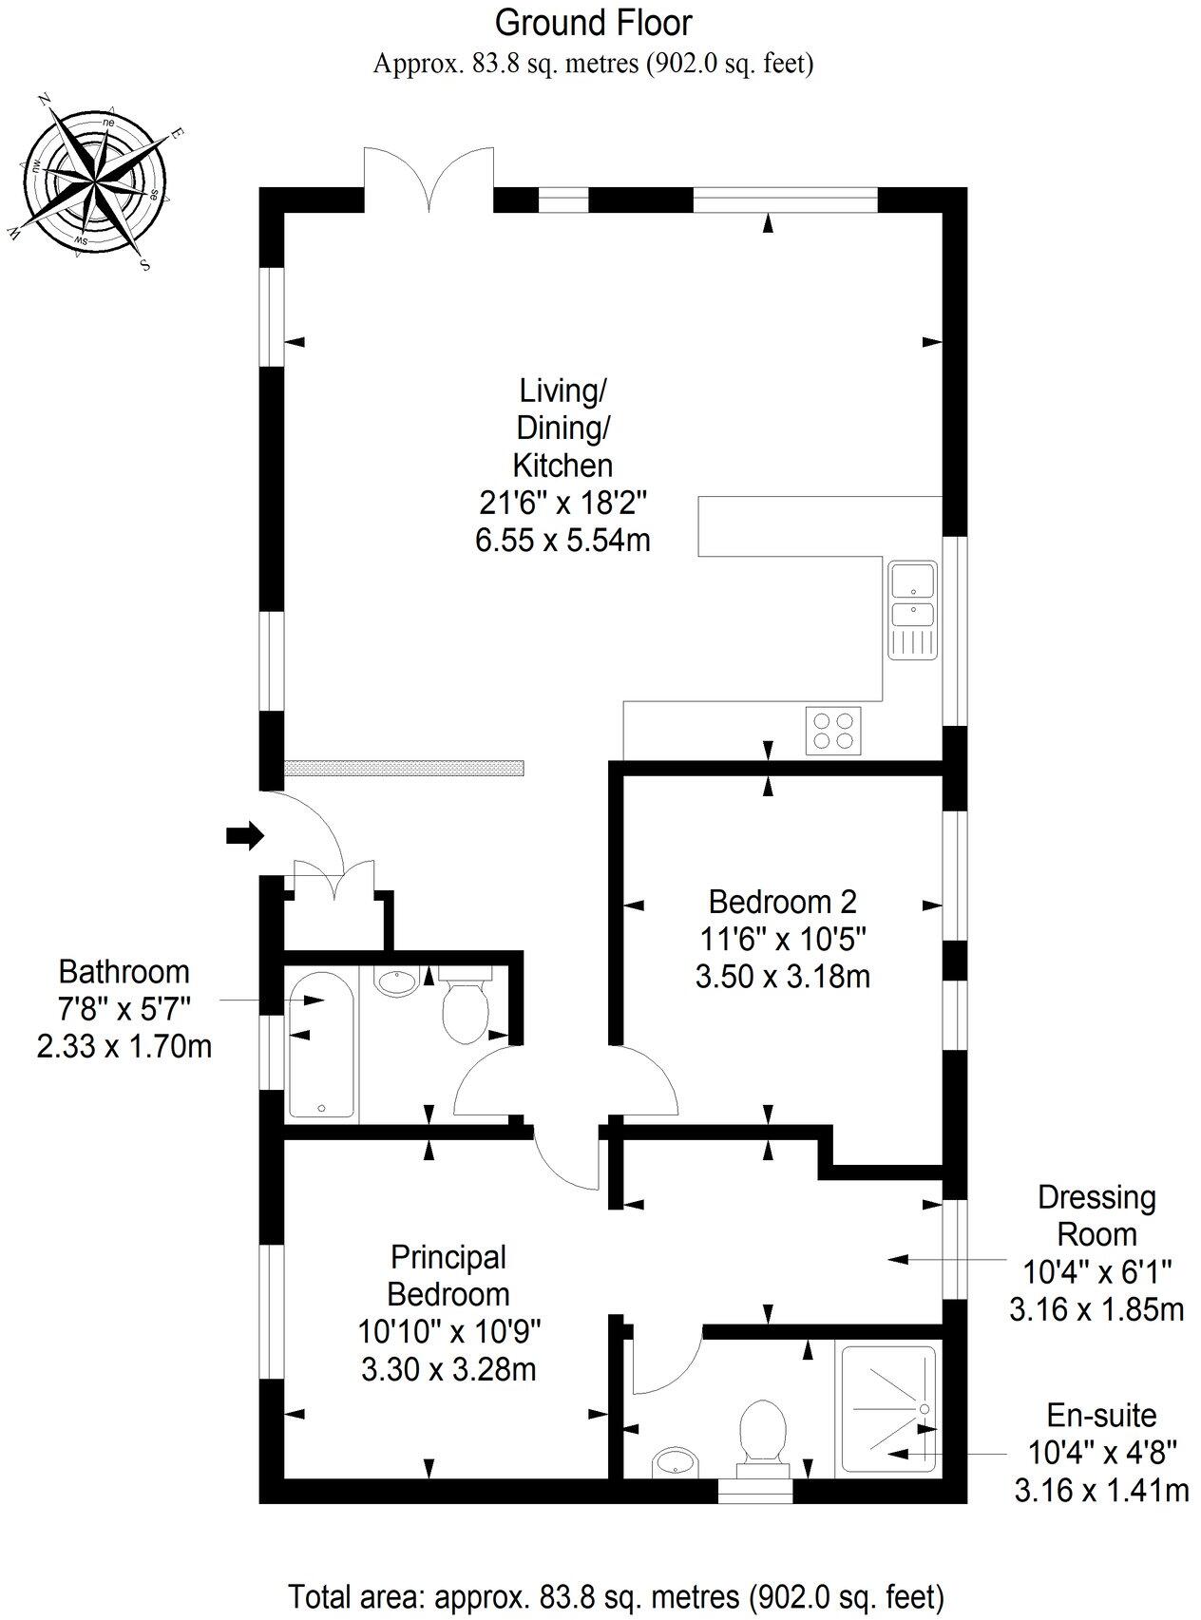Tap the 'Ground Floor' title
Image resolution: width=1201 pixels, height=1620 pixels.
point(594,22)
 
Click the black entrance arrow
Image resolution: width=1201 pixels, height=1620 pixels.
point(244,835)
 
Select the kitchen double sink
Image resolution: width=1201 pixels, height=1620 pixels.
point(912,609)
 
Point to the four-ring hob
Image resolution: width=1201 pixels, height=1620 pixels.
point(833,731)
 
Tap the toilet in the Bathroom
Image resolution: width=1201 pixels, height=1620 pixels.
point(465,1007)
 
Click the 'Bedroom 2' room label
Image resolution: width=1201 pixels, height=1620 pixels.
point(782,901)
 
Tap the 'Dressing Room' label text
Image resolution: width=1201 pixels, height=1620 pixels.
point(1096,1215)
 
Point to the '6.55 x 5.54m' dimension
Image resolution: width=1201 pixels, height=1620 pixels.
point(562,541)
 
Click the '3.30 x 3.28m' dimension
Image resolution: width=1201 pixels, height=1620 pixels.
point(448,1369)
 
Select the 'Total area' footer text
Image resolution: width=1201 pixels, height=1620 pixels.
point(616,1594)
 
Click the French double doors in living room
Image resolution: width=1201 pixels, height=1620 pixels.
point(429,178)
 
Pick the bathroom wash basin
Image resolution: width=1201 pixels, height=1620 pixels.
point(398,981)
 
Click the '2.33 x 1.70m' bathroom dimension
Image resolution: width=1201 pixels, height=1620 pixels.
point(124,1047)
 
